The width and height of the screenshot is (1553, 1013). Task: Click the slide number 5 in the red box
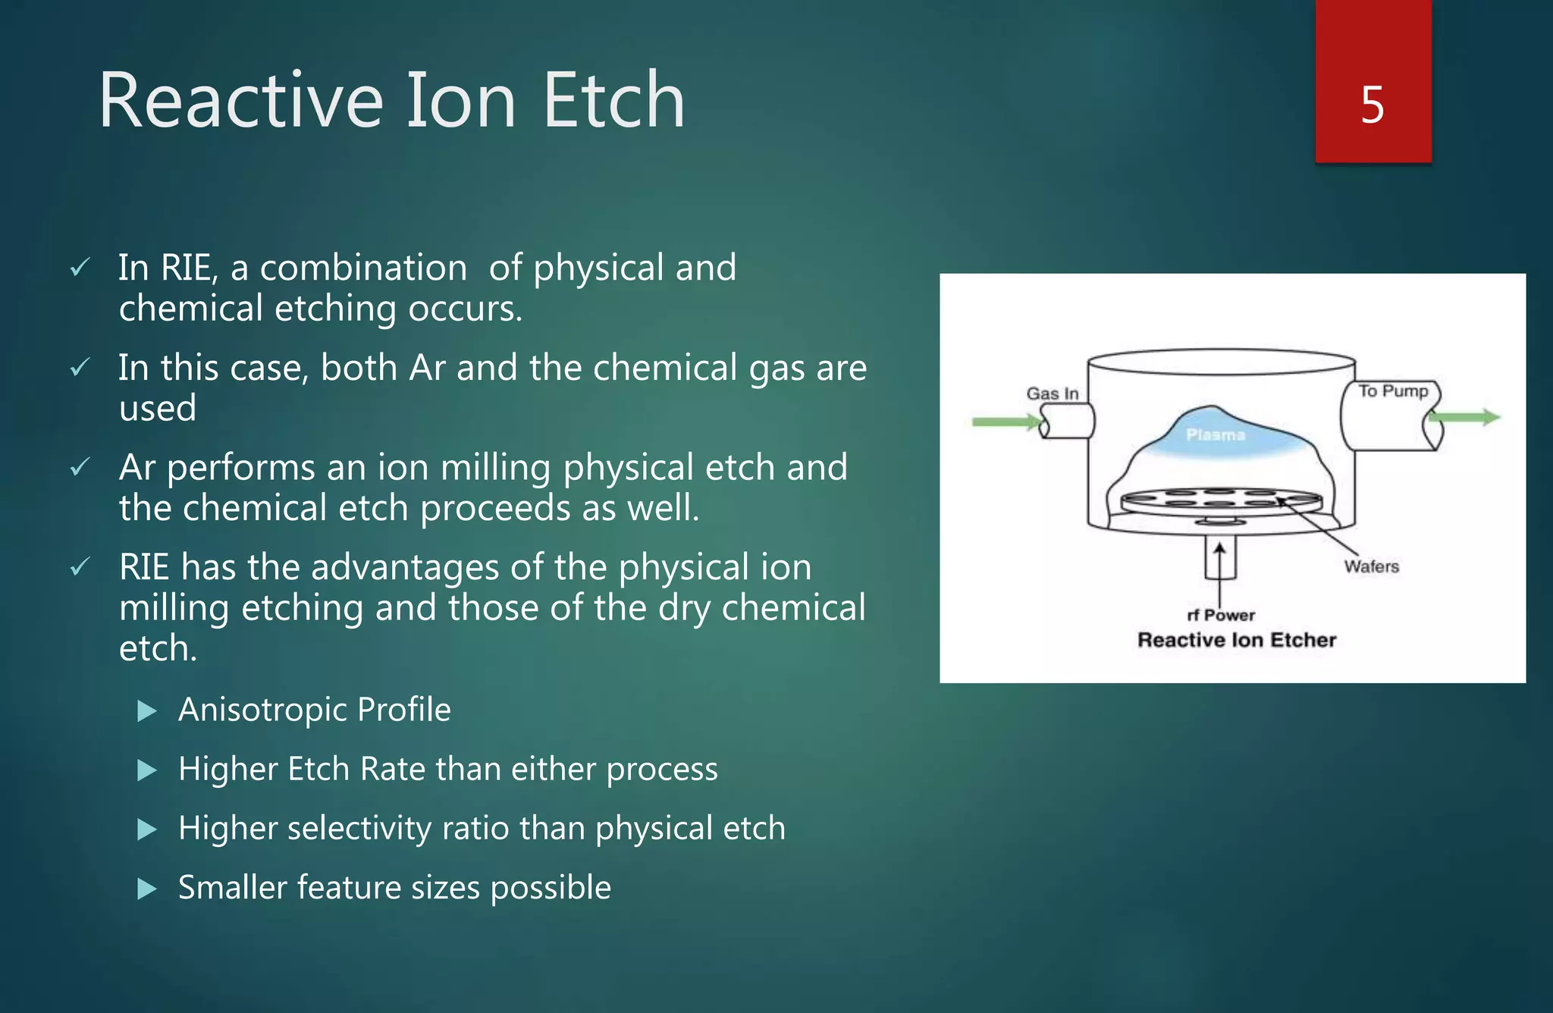(x=1372, y=105)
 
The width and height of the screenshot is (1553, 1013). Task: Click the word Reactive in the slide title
(x=241, y=100)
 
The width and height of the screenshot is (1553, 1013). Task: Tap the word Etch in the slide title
(x=613, y=100)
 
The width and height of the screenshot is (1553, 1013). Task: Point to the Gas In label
(x=1052, y=394)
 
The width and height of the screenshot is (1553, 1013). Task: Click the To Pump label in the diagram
(x=1392, y=390)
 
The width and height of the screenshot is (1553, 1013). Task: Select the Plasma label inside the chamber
(x=1215, y=435)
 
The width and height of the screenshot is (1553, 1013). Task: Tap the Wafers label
(x=1371, y=566)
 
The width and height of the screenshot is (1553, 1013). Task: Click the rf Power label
(x=1220, y=615)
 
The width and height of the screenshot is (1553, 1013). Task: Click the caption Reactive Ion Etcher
(x=1236, y=640)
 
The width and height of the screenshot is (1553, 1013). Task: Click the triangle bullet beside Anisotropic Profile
(x=146, y=711)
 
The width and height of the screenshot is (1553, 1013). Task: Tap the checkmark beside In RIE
(x=80, y=268)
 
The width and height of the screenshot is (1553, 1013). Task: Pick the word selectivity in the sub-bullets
(x=359, y=828)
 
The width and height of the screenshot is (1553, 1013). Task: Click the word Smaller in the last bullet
(x=232, y=887)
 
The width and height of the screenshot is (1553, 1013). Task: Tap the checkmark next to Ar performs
(x=80, y=467)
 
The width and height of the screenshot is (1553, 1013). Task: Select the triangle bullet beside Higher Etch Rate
(x=146, y=770)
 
